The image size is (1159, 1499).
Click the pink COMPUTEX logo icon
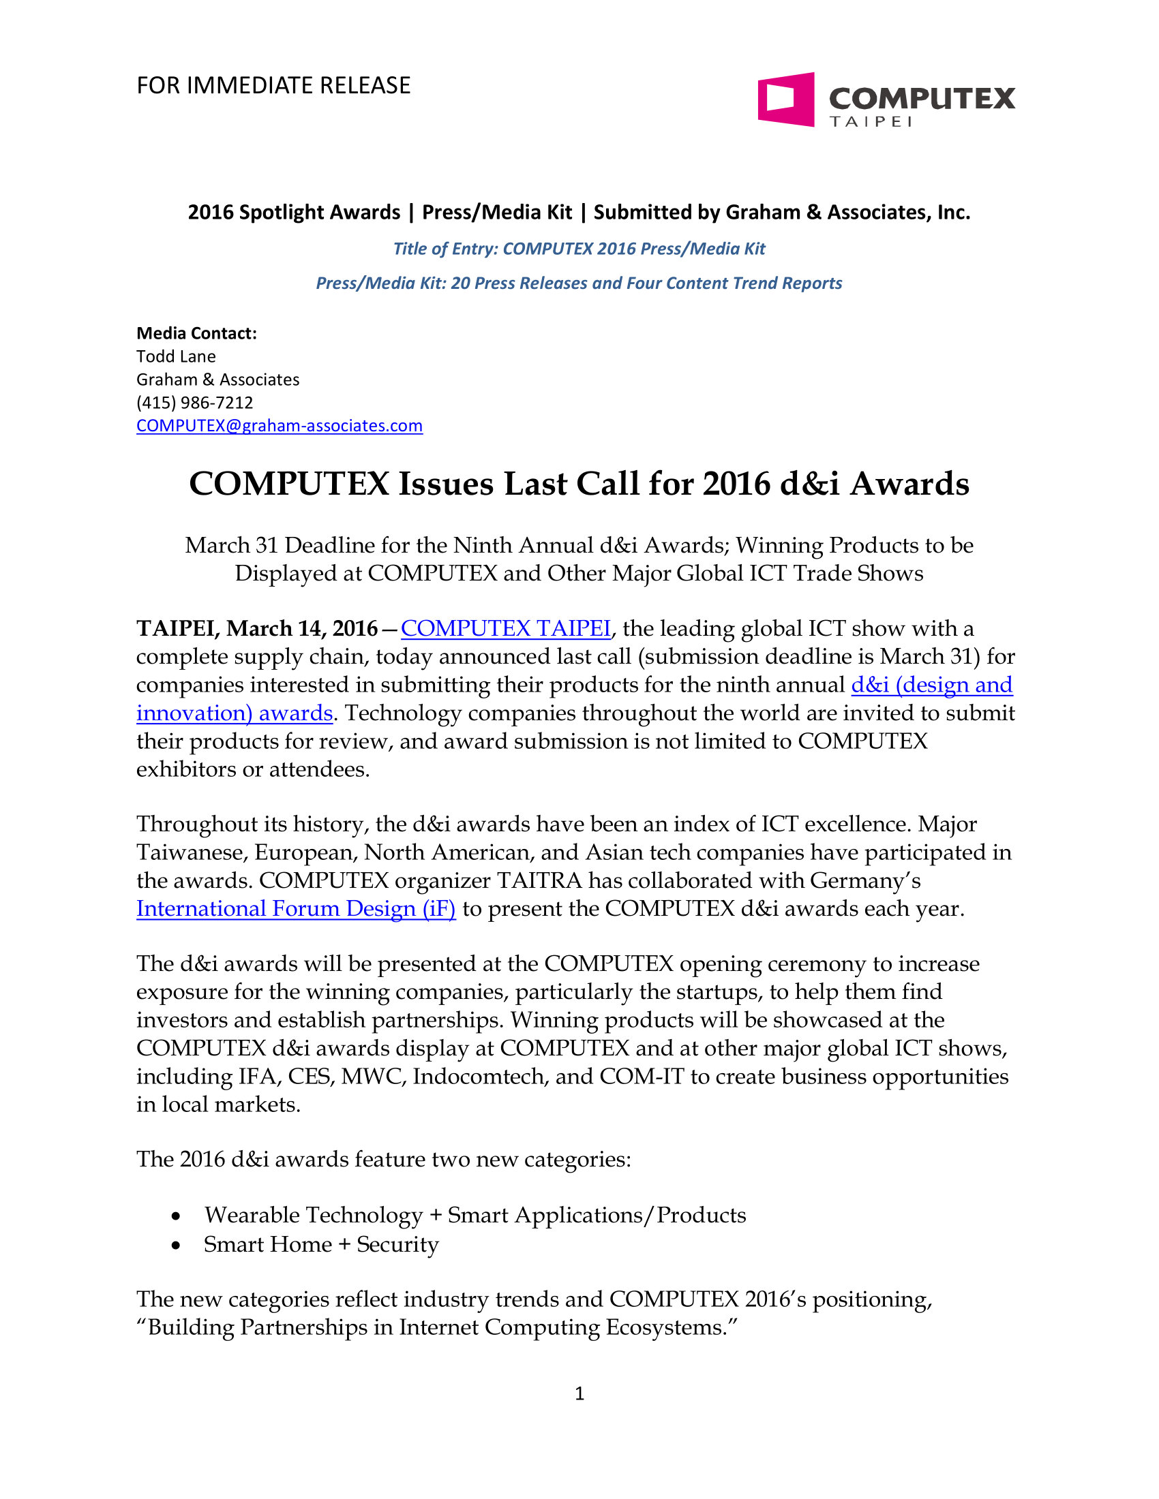pos(785,99)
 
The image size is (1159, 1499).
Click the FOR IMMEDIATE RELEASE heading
pos(273,86)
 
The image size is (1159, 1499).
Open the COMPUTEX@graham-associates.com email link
pos(280,426)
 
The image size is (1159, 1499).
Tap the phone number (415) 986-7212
pos(194,402)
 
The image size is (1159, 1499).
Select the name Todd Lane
pos(176,356)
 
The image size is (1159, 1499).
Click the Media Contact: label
pos(196,333)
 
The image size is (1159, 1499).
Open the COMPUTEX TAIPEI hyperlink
pos(505,628)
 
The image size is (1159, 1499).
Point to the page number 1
pos(579,1393)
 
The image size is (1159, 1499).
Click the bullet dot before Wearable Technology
pos(177,1216)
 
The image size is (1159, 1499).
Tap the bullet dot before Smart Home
pos(177,1244)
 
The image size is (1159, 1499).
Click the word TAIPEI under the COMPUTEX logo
pos(870,122)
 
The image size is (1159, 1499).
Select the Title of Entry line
pos(579,249)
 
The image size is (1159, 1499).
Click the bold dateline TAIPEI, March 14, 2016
pos(257,628)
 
